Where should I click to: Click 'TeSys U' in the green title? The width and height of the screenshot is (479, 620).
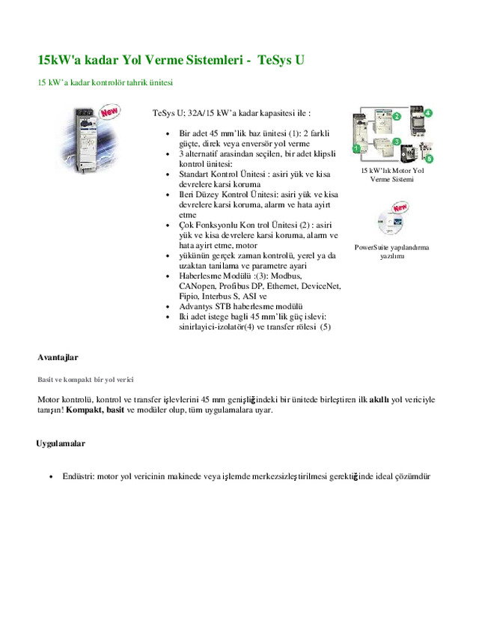280,59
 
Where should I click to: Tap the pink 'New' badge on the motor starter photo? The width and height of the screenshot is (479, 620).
110,113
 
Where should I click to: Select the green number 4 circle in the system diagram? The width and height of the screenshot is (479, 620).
428,113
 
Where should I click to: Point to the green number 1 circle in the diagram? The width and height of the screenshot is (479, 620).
357,149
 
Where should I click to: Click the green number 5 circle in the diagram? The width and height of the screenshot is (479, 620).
428,159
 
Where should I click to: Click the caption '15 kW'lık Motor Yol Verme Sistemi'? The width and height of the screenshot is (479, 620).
391,175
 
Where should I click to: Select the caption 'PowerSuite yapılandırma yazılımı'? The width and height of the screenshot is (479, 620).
391,251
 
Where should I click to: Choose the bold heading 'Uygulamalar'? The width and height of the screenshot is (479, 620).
61,443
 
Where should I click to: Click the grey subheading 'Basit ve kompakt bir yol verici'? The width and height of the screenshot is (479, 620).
86,380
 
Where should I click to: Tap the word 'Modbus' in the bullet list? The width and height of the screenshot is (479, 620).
284,276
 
